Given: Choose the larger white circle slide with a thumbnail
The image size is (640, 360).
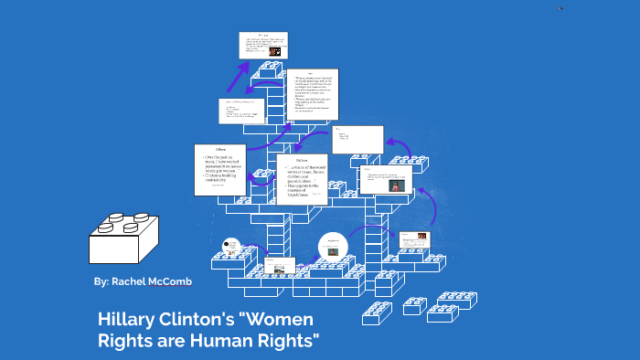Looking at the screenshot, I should pos(333,248).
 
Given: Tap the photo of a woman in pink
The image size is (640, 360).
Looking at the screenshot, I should pos(395,185).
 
